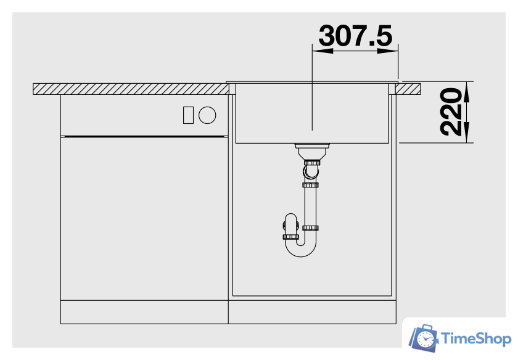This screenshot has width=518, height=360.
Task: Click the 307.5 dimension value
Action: pos(355,36)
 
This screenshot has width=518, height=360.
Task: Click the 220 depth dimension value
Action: pos(451,112)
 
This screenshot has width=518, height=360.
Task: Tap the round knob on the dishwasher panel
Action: pos(207,115)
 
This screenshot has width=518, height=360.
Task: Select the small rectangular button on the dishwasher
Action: pos(188,115)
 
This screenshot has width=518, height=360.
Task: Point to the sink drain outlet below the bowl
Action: pos(312,152)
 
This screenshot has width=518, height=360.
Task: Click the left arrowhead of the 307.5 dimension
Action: pos(323,51)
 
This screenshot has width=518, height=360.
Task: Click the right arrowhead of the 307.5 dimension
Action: pos(388,51)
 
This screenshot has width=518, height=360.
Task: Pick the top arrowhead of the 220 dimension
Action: pos(466,92)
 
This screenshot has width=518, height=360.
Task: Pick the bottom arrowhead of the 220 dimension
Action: pos(466,133)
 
